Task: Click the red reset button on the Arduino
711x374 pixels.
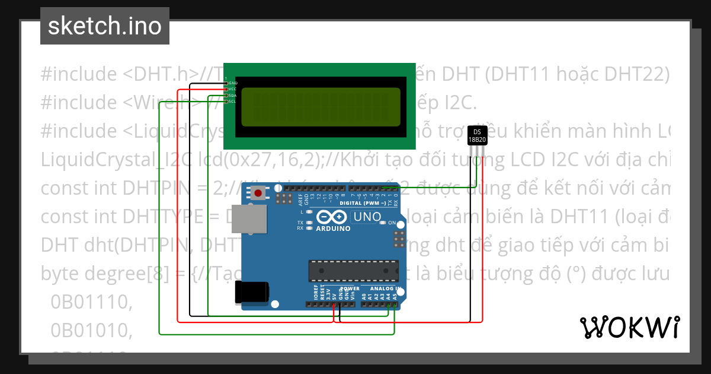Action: tap(258, 193)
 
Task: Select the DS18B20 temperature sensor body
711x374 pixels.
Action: tap(477, 136)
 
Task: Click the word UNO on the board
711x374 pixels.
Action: tap(367, 217)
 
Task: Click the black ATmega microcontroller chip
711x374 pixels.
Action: tap(353, 270)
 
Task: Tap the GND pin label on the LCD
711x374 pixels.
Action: tap(233, 83)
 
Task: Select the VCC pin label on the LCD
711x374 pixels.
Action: tap(233, 89)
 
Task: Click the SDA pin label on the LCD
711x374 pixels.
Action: tap(233, 95)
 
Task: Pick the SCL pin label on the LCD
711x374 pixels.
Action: tap(233, 101)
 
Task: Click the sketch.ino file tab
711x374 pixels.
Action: tap(105, 26)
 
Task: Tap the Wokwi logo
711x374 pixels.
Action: tap(629, 327)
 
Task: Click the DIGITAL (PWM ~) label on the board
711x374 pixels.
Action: tap(363, 203)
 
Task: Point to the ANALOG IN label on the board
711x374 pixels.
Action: tap(386, 289)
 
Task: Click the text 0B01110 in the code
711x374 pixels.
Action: tap(90, 302)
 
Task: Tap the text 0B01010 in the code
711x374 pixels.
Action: tap(90, 329)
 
